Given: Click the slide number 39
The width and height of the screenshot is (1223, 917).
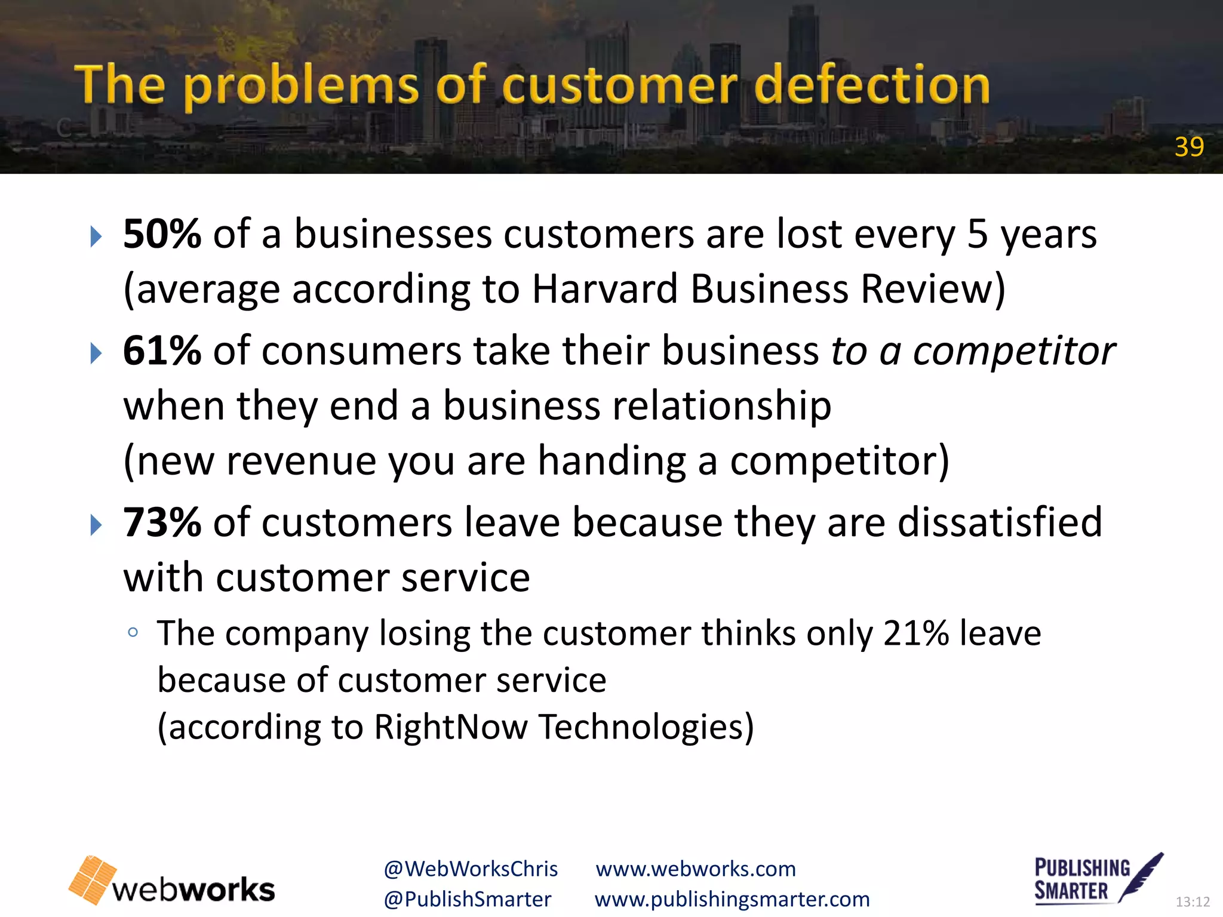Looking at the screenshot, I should pos(1188,147).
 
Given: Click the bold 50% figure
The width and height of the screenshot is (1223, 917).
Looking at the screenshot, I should pos(162,233).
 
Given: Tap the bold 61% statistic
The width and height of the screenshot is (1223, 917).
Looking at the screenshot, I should pos(162,350).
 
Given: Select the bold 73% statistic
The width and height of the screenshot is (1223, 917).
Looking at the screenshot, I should pos(162,522).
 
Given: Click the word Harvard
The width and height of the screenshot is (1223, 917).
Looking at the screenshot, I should pos(604,289).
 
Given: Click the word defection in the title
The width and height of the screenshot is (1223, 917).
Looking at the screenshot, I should pos(871,85).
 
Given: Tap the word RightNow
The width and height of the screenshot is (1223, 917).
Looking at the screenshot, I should pos(450,727).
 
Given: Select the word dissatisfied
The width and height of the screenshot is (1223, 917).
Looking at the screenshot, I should pos(1000,522).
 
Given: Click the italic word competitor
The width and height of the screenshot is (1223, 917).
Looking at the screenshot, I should pos(1013,351).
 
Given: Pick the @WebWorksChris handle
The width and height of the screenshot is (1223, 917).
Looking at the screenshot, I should pos(471,869).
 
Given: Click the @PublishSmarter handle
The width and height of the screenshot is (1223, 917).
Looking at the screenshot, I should pos(467,899).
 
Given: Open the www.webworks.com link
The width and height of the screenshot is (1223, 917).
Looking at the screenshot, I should pos(696,869).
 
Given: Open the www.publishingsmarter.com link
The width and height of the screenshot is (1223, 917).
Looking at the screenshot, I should pos(732,899).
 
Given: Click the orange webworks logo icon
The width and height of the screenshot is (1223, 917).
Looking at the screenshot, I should pos(93,879).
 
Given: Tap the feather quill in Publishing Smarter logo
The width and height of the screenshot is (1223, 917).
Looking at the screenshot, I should pos(1141,875).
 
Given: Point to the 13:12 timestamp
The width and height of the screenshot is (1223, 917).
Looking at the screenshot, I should pos(1192,901).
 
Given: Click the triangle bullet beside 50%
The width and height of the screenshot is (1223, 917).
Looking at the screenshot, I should pos(96,237).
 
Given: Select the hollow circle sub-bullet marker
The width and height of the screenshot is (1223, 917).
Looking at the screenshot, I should pos(133,633).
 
